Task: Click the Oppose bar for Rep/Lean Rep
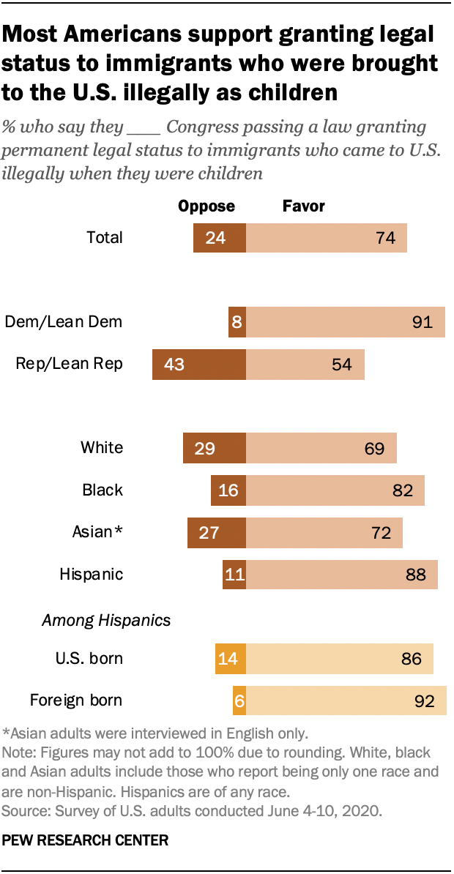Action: click(x=198, y=365)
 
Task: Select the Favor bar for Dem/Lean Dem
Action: click(x=345, y=322)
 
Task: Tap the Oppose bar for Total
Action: click(x=220, y=238)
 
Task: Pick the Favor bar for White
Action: click(x=321, y=448)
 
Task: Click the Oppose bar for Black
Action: click(x=228, y=490)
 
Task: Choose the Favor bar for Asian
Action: click(x=324, y=532)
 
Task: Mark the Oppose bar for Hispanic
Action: click(x=234, y=574)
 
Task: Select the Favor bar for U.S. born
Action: click(x=339, y=658)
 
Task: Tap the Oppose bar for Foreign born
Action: click(x=239, y=701)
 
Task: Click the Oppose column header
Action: click(x=206, y=206)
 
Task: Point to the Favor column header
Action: click(x=303, y=206)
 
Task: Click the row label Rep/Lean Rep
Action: click(x=70, y=365)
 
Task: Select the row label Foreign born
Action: click(x=76, y=701)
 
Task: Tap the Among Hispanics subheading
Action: click(x=106, y=620)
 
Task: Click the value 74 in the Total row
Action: click(x=385, y=238)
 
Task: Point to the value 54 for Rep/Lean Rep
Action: click(x=342, y=365)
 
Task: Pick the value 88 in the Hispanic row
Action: click(x=415, y=574)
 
